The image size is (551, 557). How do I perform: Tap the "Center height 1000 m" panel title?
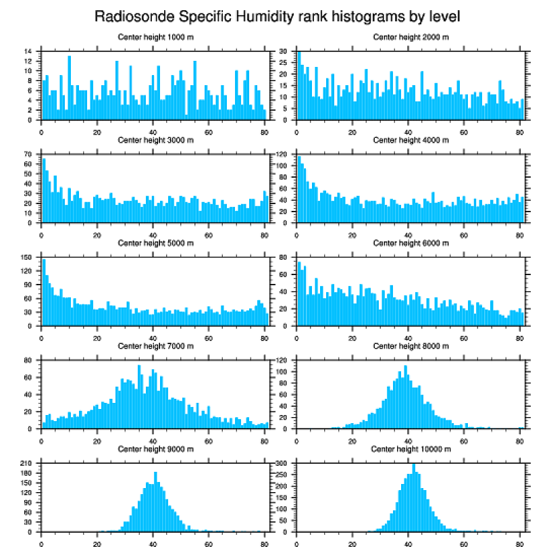(x=155, y=37)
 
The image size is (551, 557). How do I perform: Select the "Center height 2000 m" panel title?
(x=411, y=37)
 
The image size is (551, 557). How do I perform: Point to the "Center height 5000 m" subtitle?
(x=155, y=243)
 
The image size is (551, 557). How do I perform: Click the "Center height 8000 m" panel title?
(x=411, y=347)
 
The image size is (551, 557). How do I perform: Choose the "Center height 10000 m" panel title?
(x=411, y=450)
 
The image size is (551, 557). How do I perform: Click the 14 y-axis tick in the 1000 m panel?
(x=29, y=51)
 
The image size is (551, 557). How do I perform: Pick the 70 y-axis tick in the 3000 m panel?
(x=29, y=155)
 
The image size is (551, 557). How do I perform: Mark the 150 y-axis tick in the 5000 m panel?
(x=28, y=258)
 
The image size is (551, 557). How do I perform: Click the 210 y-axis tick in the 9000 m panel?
(x=28, y=464)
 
